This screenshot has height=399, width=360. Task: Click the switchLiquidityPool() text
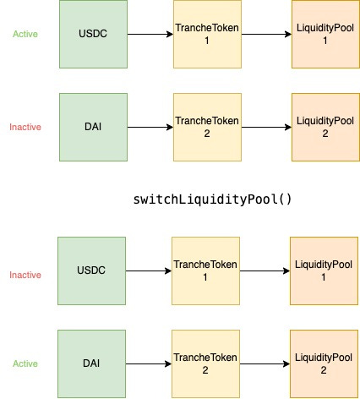[212, 199]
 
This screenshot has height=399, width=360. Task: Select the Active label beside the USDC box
[25, 34]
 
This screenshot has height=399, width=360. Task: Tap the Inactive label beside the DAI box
[25, 127]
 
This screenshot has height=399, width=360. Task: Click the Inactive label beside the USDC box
[25, 275]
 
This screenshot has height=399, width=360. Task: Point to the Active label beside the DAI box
[25, 363]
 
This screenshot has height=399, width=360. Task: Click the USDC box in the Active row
[93, 34]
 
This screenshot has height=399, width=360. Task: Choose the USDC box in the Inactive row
[91, 271]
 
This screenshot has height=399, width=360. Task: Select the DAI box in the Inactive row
[93, 127]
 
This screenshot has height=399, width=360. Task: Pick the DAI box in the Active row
[91, 363]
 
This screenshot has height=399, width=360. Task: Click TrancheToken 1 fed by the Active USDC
[207, 34]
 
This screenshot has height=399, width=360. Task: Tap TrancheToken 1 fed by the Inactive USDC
[205, 271]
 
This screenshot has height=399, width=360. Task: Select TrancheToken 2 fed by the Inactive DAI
[207, 127]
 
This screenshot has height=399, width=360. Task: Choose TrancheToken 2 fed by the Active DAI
[205, 363]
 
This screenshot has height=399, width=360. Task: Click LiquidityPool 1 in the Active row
[325, 34]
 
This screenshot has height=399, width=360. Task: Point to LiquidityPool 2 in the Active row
[324, 363]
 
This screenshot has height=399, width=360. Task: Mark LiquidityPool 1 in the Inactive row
[324, 271]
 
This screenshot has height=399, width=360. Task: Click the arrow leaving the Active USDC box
[150, 34]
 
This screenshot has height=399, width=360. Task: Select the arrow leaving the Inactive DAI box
[150, 127]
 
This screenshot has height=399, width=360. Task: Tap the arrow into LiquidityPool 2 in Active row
[265, 363]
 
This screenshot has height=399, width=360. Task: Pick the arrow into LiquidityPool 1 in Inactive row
[265, 271]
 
